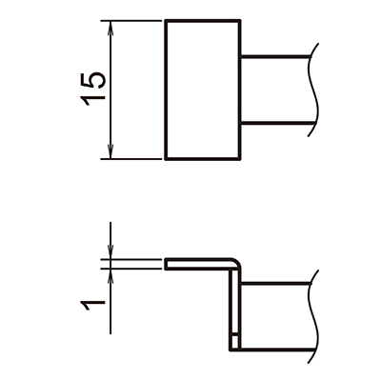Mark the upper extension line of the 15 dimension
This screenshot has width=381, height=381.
coord(133,22)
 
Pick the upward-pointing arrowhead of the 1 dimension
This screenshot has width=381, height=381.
coord(112,276)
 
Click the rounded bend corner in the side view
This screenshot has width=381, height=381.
coord(235,262)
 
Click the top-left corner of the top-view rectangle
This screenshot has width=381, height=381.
coord(167,22)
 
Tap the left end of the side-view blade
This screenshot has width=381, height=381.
coord(167,263)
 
